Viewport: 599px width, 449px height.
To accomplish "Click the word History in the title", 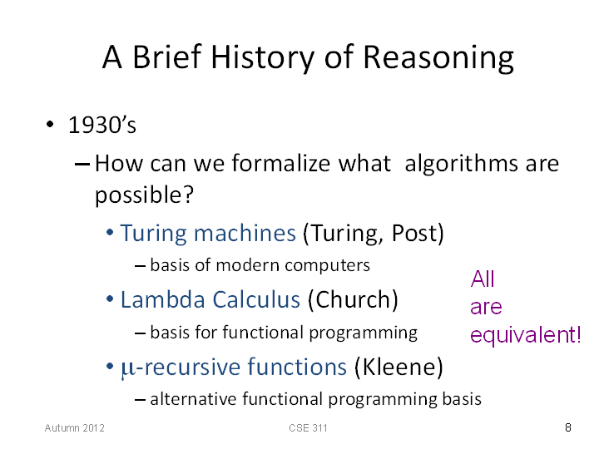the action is click(x=263, y=58).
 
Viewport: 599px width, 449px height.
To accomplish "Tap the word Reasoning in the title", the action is click(x=438, y=58).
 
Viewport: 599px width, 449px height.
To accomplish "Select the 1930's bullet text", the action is click(x=102, y=125).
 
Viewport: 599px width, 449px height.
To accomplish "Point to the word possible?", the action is click(x=145, y=195).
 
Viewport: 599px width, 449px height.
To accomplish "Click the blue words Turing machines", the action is click(x=208, y=234).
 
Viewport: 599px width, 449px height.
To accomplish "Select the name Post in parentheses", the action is click(x=415, y=233).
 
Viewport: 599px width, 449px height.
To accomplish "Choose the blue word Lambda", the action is click(x=164, y=299).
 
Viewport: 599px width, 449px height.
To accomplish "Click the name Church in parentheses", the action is click(x=353, y=299).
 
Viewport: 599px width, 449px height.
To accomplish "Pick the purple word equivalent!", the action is click(x=526, y=336).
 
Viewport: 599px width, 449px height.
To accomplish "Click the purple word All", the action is click(x=483, y=279).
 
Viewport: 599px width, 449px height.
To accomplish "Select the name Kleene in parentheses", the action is click(x=399, y=367).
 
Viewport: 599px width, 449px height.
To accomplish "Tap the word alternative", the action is click(x=194, y=399).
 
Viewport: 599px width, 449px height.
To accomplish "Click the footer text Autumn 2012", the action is click(x=75, y=428).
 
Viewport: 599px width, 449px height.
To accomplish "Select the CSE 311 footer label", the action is click(x=308, y=428).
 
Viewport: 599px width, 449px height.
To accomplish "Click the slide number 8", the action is click(x=568, y=427).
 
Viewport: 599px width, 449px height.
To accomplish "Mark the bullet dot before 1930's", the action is click(x=50, y=124).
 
